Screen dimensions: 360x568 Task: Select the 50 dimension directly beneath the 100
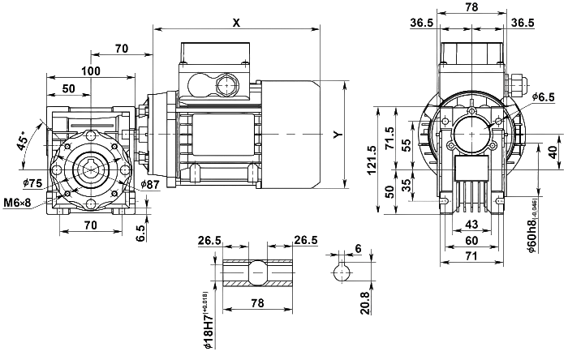[x=70, y=87]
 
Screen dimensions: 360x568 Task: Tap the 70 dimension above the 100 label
[x=123, y=49]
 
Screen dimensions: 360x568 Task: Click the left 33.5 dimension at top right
[x=421, y=22]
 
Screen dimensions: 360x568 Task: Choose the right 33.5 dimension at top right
[x=523, y=22]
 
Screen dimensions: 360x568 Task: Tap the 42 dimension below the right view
[x=471, y=223]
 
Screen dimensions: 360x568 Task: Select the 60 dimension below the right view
[x=471, y=240]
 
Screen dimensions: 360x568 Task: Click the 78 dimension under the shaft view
[x=257, y=302]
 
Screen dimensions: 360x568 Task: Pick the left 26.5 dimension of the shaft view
[x=210, y=239]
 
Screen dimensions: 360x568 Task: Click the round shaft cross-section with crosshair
[x=343, y=272]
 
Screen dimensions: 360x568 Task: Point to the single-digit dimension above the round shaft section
[x=358, y=246]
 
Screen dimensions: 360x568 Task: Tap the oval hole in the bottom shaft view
[x=256, y=272]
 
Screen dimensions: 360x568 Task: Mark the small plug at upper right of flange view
[x=516, y=84]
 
